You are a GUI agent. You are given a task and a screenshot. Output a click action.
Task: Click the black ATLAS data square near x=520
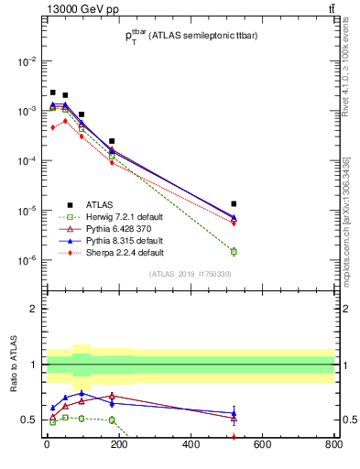coord(234,203)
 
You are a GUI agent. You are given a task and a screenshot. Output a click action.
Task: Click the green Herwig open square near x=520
coord(234,251)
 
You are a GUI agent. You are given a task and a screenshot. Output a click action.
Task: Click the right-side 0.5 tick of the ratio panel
coord(345,420)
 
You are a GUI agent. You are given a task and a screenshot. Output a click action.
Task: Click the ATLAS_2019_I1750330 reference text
coord(190,274)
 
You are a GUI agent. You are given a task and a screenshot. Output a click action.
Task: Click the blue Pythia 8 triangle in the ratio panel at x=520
coord(234,413)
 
